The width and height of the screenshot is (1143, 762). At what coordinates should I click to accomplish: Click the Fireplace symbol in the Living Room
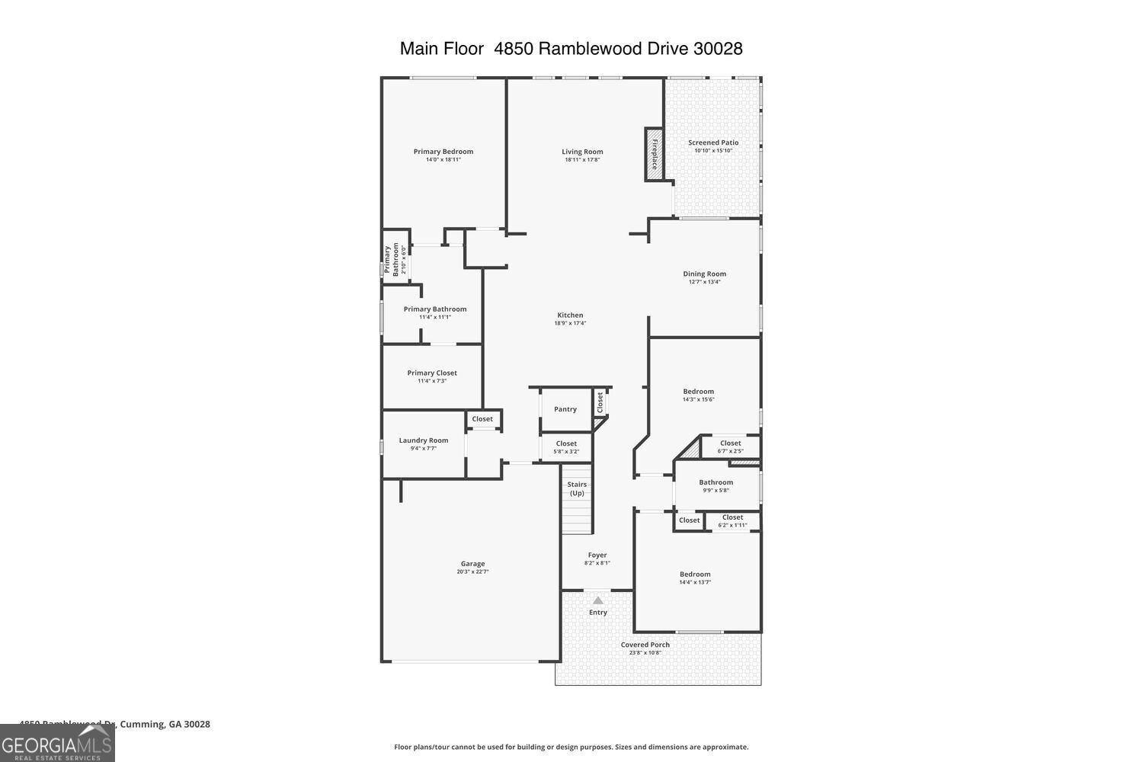pos(654,155)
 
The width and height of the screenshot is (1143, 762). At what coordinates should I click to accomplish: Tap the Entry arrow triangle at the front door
pos(598,600)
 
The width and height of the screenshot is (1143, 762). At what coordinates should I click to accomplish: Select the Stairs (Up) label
pos(577,488)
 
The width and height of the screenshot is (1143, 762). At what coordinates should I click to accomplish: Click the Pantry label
pos(565,409)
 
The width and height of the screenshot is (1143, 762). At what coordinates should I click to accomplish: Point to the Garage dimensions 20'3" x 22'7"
pos(472,571)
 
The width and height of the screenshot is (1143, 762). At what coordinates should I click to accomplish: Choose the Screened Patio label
pos(713,142)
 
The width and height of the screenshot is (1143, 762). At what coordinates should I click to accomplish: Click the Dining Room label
pos(704,274)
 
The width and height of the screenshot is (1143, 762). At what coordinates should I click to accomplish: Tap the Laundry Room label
pos(424,440)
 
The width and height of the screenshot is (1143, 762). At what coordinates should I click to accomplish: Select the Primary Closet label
pos(432,373)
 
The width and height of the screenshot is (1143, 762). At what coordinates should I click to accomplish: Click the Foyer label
pos(597,555)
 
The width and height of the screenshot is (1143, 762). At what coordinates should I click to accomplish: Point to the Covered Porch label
pos(645,645)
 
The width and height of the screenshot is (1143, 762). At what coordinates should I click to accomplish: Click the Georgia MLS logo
pos(57,744)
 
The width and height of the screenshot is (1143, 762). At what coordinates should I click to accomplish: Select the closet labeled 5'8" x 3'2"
pos(566,447)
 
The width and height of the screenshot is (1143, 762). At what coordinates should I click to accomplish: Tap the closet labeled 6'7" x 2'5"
pos(730,447)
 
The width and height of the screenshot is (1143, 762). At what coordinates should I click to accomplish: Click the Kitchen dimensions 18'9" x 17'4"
pos(570,323)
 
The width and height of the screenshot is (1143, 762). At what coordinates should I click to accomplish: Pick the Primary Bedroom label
pos(443,151)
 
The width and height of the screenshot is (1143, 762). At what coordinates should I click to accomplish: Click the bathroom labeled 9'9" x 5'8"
pos(716,485)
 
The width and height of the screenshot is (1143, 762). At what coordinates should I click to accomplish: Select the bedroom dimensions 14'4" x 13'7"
pos(695,582)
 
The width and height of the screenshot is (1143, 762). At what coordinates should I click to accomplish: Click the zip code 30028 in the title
pos(718,49)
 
